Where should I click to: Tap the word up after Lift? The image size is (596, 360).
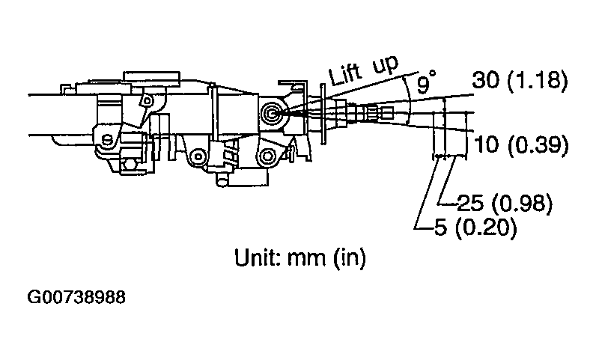point(386,65)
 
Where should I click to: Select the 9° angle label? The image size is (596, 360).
point(425,82)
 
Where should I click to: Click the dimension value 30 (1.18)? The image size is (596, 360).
point(520,80)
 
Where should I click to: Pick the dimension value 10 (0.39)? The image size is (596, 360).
point(521,144)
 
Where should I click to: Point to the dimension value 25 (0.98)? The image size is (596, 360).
point(505,204)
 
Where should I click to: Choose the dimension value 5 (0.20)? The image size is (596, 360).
point(475,228)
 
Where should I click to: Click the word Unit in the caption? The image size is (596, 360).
point(258,257)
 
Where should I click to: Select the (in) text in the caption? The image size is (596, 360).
point(349,258)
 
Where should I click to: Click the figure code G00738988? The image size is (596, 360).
point(76,297)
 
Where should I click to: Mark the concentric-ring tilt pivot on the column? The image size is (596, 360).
point(272,114)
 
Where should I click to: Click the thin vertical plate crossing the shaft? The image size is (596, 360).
point(323,114)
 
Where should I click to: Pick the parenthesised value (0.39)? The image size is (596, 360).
point(538,144)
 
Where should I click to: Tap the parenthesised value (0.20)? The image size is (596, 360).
point(486,228)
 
